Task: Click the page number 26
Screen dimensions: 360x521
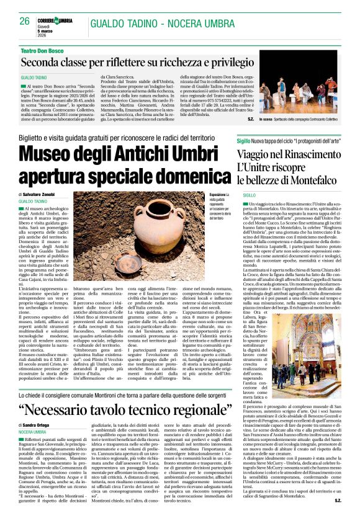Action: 25,20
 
